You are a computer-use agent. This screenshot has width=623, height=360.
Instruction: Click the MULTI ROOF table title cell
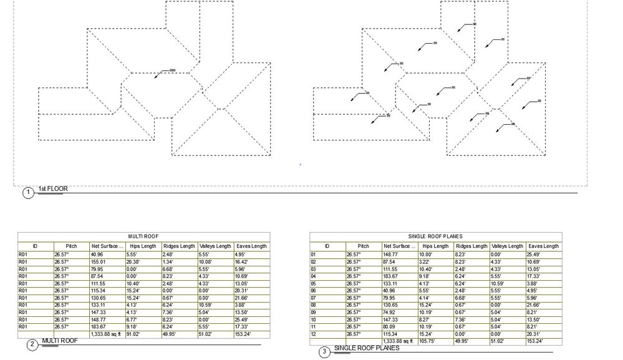pyautogui.click(x=143, y=237)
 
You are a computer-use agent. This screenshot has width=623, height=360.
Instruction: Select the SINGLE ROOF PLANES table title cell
pyautogui.click(x=435, y=236)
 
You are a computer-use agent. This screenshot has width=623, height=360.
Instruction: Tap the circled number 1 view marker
pyautogui.click(x=28, y=193)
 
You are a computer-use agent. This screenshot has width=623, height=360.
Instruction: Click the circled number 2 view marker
pyautogui.click(x=32, y=344)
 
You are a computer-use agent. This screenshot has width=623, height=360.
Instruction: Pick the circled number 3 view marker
pyautogui.click(x=324, y=353)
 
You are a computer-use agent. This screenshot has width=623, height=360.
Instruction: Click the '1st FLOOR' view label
pyautogui.click(x=53, y=188)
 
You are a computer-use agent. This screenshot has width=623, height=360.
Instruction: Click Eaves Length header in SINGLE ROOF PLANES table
pyautogui.click(x=543, y=246)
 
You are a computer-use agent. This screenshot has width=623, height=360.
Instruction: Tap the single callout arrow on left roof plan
pyautogui.click(x=163, y=71)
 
